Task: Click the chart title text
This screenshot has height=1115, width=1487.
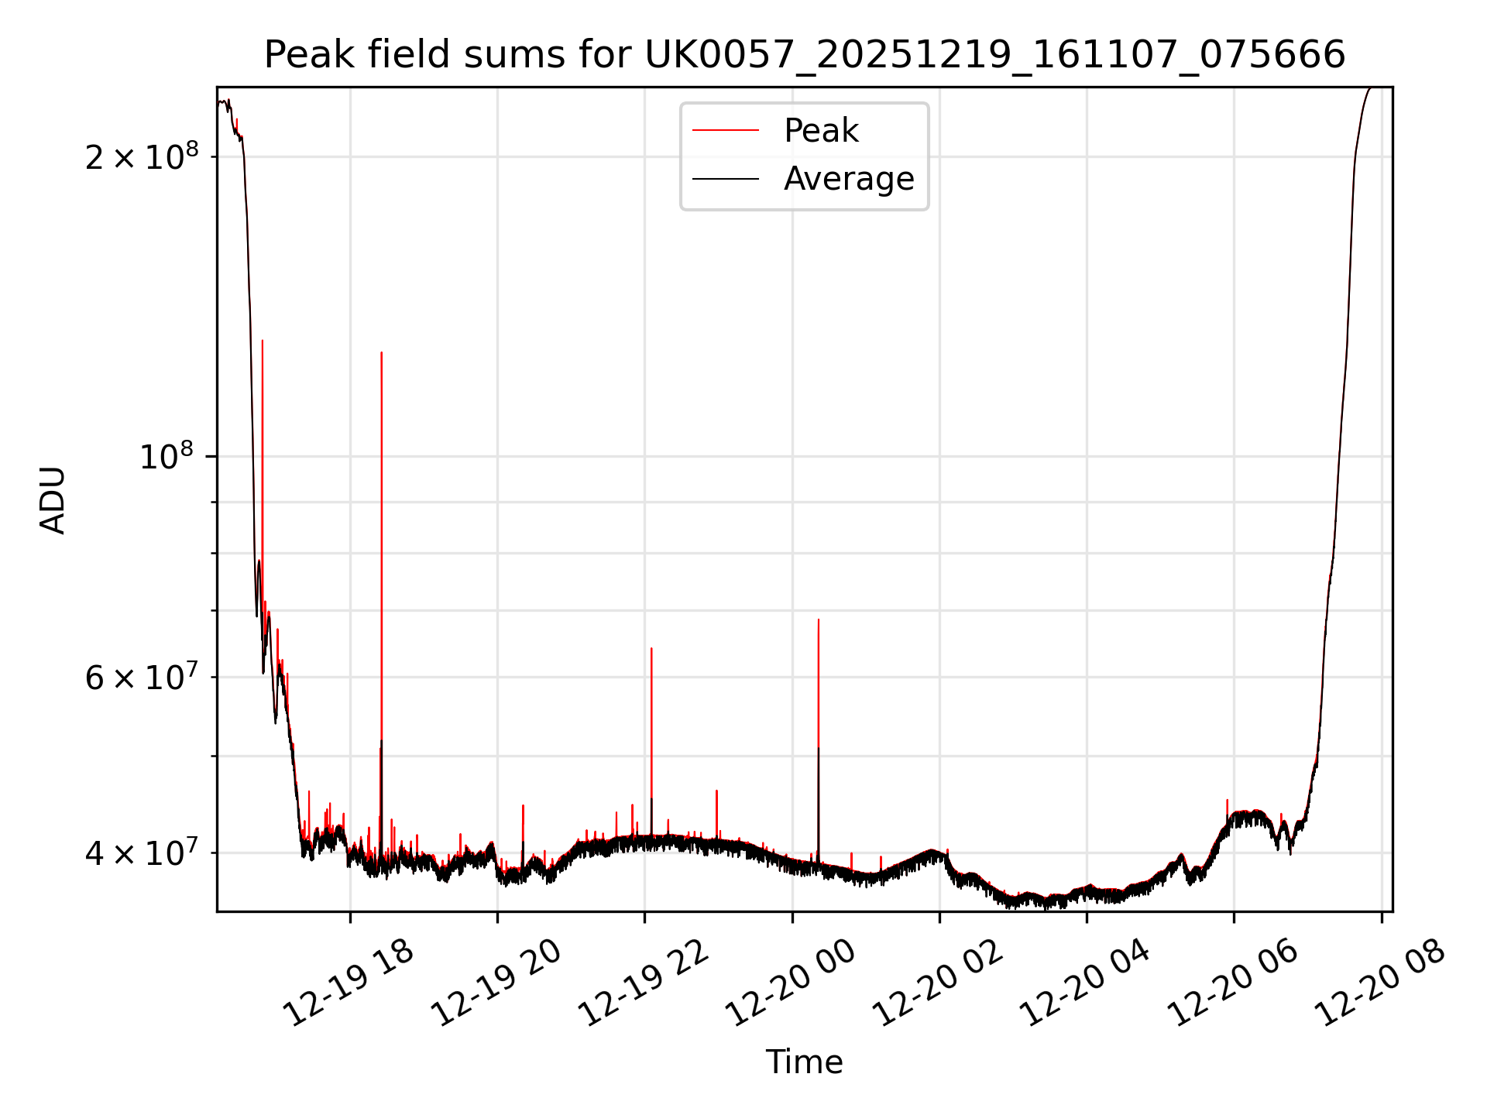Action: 805,55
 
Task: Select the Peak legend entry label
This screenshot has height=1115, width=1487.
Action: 821,131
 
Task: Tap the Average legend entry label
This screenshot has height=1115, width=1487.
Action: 849,179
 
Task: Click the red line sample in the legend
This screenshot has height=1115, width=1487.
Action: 726,131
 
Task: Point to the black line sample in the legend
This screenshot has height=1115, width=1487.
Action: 726,179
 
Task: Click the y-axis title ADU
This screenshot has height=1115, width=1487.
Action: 53,499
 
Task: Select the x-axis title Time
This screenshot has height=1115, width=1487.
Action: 804,1062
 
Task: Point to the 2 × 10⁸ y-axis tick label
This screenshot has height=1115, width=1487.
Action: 142,157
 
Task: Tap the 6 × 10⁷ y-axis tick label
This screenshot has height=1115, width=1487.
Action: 142,678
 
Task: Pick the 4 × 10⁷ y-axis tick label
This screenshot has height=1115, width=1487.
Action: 142,853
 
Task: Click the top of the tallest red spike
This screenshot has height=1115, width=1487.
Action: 263,341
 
